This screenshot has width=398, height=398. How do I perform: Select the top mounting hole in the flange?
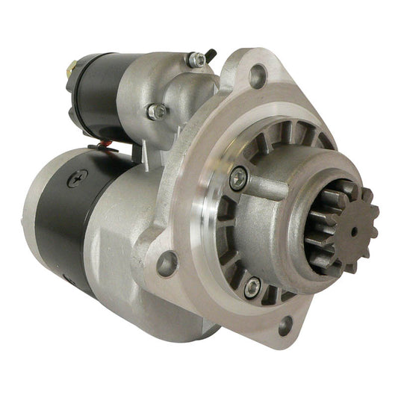tap(258, 75)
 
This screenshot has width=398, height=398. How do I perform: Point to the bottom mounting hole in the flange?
tap(284, 325)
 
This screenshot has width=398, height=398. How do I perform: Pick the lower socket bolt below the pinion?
tap(252, 285)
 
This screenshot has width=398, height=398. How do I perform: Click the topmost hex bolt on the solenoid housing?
tap(196, 60)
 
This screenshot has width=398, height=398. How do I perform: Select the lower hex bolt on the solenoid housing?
tap(157, 111)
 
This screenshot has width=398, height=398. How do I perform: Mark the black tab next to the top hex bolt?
tap(212, 56)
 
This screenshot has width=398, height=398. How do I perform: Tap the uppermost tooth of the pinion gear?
tap(343, 184)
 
